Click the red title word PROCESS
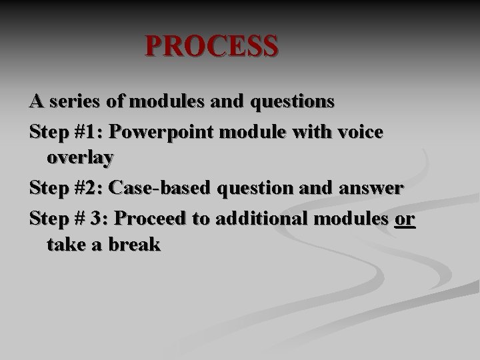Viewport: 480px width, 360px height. click(x=211, y=47)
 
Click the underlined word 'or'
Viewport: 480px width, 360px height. click(x=405, y=217)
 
